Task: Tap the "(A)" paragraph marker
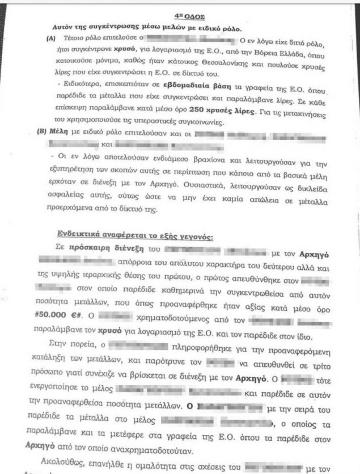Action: click(x=52, y=39)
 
